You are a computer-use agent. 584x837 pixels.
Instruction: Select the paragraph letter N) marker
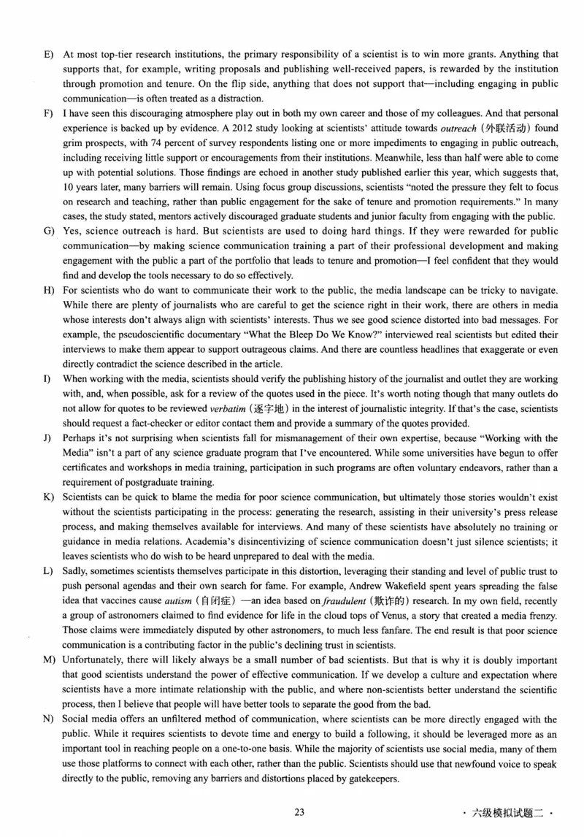pos(49,719)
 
